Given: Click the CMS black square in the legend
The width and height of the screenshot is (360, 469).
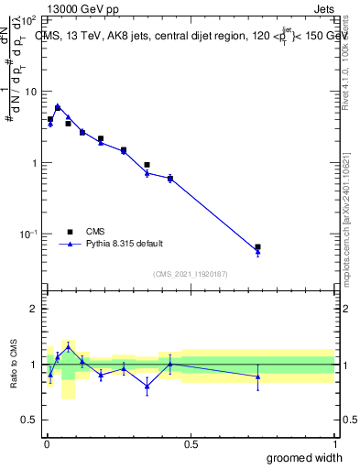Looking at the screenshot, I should pos(70,232).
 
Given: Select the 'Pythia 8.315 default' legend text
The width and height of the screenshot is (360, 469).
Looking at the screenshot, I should pos(125,244).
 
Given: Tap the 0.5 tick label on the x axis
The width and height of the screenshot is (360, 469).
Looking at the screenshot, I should pos(191,444).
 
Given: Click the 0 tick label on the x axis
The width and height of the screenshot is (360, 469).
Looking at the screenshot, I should pos(47,444).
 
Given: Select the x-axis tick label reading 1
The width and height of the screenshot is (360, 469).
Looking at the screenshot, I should pos(334,444).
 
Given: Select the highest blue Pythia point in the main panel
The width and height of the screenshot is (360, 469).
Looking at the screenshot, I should pos(58,106).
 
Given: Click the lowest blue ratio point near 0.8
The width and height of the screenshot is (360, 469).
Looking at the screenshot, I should pos(147,386).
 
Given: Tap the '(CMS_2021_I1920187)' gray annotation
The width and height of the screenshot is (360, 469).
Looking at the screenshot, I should pos(190,272).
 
